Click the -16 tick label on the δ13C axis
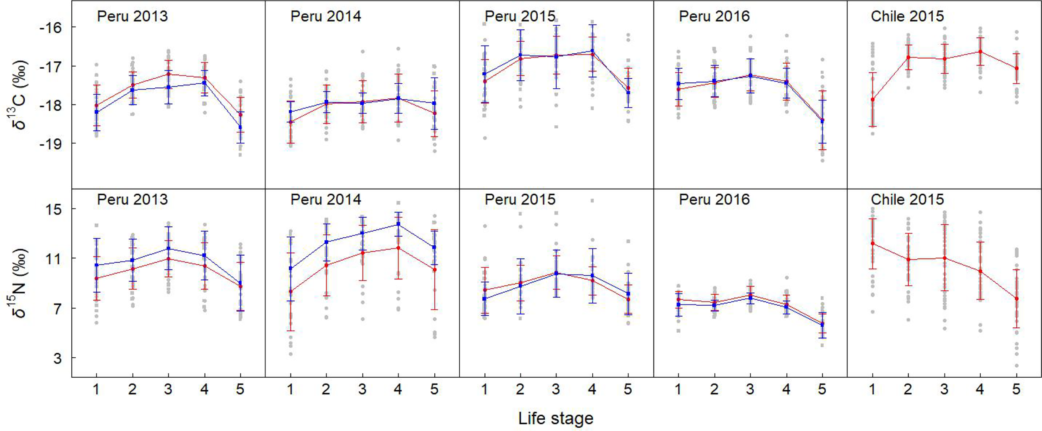coord(50,27)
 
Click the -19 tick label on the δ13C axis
coord(50,144)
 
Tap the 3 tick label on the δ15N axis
coord(57,358)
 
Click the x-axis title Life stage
coord(556,419)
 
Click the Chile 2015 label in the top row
coord(907,16)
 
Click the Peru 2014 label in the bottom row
coord(326,199)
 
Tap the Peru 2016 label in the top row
coord(714,16)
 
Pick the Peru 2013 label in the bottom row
coord(132,199)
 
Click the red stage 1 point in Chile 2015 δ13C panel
coord(872,100)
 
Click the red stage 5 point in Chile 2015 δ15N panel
coord(1017,299)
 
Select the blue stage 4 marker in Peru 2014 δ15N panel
coord(398,224)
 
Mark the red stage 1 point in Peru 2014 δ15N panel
coord(291,291)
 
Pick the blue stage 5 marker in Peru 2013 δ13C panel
coord(240,127)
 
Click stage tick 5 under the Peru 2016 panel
coord(822,389)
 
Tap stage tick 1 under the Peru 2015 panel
coord(484,389)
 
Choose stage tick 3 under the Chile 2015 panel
coord(944,389)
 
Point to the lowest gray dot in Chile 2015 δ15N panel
coord(1017,366)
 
